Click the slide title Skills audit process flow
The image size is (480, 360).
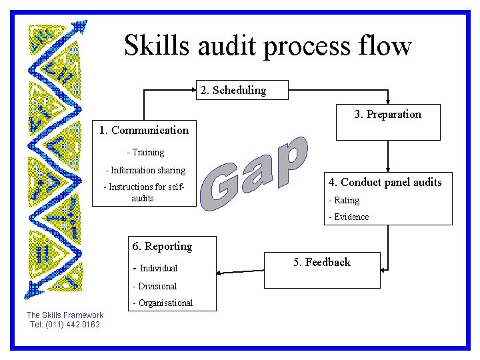[x=268, y=46]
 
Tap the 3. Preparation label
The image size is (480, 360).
[x=387, y=114]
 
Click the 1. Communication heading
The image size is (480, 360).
[x=143, y=130]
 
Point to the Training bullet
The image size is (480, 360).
[x=145, y=153]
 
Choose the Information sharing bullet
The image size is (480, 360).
[x=145, y=171]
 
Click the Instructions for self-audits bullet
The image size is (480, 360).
[x=143, y=193]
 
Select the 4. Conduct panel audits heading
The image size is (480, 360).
[x=385, y=182]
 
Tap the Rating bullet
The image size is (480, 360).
[x=344, y=200]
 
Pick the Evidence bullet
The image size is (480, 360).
[x=349, y=217]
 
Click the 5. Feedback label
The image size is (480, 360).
[x=322, y=262]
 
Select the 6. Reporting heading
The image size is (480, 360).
[x=162, y=246]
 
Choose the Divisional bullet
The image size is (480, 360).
[x=155, y=286]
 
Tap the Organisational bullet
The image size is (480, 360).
[x=163, y=303]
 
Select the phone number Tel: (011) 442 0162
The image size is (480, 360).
[x=65, y=325]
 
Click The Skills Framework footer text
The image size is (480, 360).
[x=65, y=315]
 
